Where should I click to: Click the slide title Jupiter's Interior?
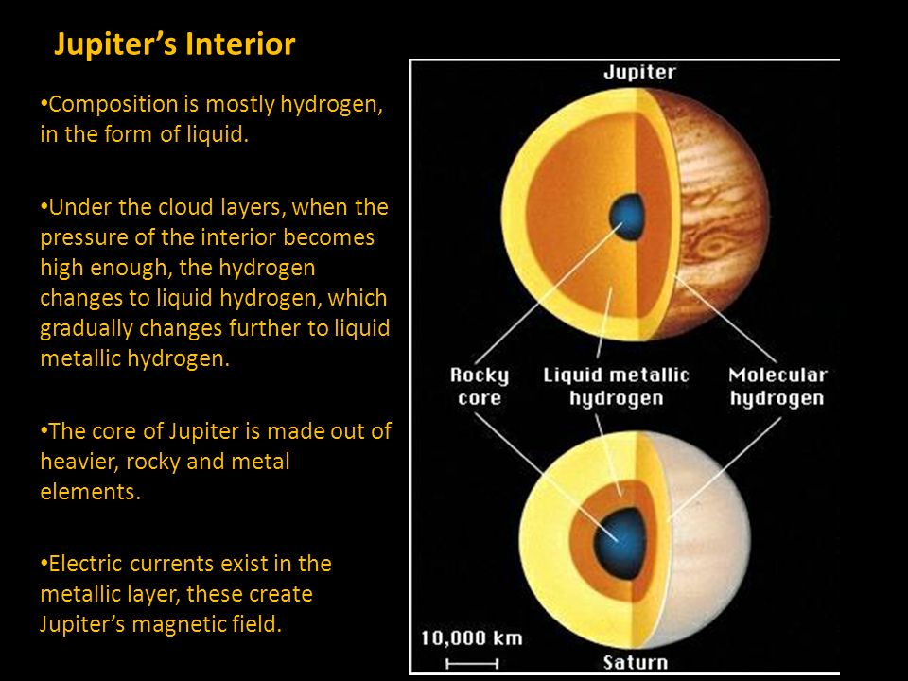[174, 44]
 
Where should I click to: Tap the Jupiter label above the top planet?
[639, 73]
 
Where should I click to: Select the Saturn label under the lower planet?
[636, 662]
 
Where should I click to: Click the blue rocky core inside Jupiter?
[627, 218]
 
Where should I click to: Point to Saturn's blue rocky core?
[620, 543]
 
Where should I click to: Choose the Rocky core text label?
[480, 386]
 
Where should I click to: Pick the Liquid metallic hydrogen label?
[616, 386]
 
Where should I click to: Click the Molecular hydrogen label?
[777, 386]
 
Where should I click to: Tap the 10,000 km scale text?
[471, 638]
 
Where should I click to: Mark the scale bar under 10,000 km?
[472, 664]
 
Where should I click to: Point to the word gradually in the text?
[86, 328]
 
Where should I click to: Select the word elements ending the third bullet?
[91, 492]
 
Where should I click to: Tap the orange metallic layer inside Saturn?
[582, 541]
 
